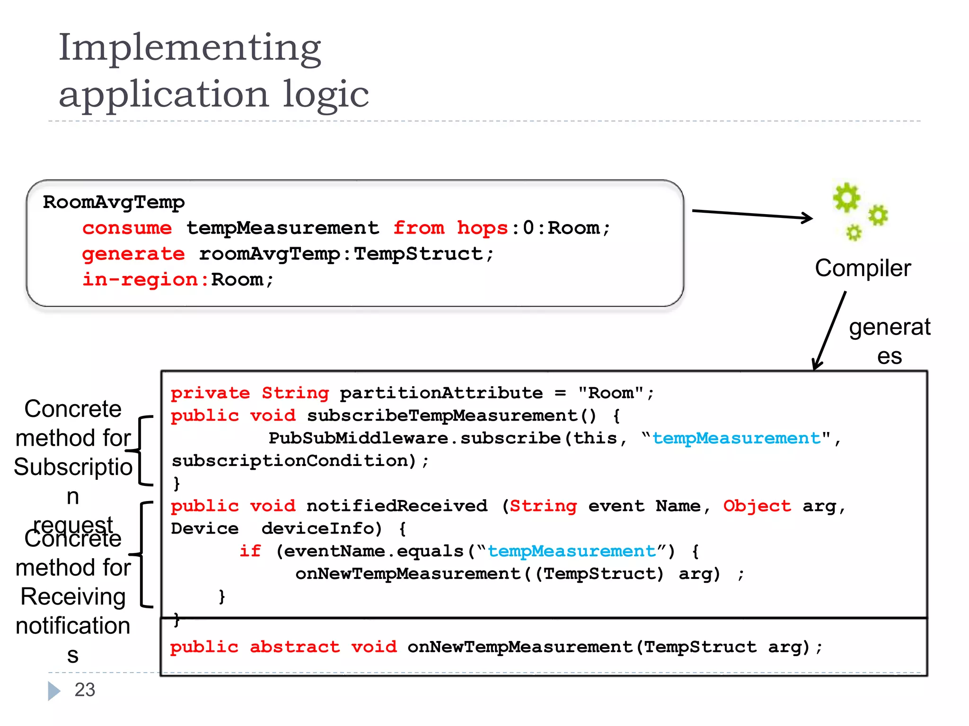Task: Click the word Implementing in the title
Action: pos(189,48)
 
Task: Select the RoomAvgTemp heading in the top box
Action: pos(114,202)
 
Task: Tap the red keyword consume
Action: pos(127,228)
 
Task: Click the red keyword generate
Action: pos(133,254)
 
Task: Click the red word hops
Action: pos(482,228)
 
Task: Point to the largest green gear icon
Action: pos(846,197)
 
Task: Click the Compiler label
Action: pos(863,268)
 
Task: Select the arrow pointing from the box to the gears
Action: pos(752,214)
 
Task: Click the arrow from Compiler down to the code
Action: pos(829,331)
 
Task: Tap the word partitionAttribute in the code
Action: pos(441,393)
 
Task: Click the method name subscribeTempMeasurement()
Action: pos(451,415)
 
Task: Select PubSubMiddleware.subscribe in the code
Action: pos(414,438)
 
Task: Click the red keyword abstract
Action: pos(294,647)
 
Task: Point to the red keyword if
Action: pos(250,551)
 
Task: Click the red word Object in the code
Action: pos(757,506)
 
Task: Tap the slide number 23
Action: pos(85,690)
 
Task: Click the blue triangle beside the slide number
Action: pos(54,691)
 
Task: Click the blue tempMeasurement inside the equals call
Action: pos(571,551)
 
